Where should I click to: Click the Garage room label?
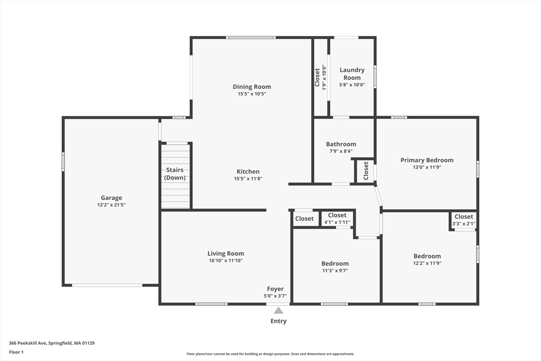[x=111, y=198]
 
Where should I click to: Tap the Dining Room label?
[x=252, y=87]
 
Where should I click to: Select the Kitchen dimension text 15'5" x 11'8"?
[x=248, y=179]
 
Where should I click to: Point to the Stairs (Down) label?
[x=175, y=173]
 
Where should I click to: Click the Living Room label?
[x=226, y=253]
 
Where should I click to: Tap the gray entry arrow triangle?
[x=278, y=310]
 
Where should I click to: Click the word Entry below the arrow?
[x=278, y=321]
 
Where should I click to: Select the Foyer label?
[x=275, y=289]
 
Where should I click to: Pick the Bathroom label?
[x=341, y=144]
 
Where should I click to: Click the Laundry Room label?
[x=352, y=73]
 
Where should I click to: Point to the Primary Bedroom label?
[x=427, y=160]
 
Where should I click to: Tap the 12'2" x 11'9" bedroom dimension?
[x=427, y=263]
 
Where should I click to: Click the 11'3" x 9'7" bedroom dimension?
[x=335, y=271]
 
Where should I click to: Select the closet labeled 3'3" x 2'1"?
[x=464, y=219]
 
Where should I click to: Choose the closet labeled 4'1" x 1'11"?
[x=337, y=218]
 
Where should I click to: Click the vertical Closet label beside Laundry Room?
[x=317, y=77]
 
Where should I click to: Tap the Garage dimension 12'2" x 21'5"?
[x=111, y=205]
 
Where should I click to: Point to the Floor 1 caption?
[x=16, y=352]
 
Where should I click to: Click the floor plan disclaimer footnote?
[x=270, y=354]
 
